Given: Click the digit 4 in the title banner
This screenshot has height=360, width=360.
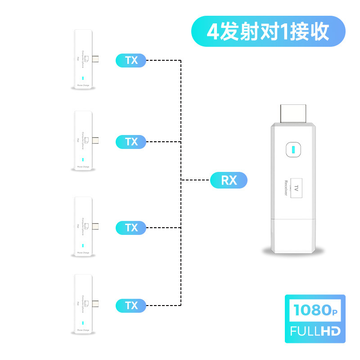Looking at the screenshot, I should coord(213,31).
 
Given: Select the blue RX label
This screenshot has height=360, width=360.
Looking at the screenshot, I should coord(229,180).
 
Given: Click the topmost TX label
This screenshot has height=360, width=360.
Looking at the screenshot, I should coord(131,60).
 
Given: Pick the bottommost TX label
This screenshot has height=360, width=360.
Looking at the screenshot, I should coord(131,306).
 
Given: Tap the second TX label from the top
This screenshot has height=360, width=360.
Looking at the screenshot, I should coord(131,142).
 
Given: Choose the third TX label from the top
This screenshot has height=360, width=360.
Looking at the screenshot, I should coord(131,228).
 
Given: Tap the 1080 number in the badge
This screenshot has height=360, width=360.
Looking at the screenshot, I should coord(312,310).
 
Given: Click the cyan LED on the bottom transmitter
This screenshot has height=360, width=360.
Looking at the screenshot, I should coord(83,323).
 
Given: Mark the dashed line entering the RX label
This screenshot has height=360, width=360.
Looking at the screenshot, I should coord(196,180).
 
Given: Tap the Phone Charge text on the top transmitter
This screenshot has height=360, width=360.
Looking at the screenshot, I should coord(83,85).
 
